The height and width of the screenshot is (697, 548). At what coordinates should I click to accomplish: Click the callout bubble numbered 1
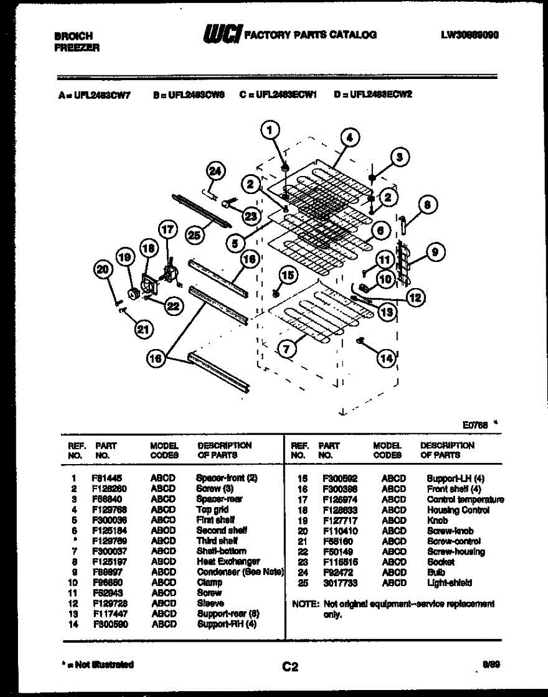tap(268, 132)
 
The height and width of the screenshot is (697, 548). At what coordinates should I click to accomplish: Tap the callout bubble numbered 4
tap(349, 138)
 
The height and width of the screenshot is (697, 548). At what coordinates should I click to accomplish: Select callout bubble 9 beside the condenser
tap(437, 252)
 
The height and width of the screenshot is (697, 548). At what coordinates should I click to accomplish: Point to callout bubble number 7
tap(285, 348)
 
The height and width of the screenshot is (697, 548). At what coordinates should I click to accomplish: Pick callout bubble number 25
tap(195, 234)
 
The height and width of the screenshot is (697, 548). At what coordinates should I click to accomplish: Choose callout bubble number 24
tap(215, 171)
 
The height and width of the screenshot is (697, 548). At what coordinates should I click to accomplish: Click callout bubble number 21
tap(143, 329)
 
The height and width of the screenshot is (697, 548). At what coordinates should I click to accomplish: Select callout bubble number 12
tap(415, 298)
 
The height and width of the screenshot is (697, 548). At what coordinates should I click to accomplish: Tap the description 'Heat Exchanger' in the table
tap(228, 562)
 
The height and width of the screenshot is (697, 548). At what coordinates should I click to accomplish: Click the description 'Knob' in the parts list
tap(437, 520)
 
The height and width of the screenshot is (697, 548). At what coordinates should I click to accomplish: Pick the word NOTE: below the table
tap(306, 604)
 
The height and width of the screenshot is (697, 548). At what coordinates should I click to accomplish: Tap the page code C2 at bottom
tap(290, 667)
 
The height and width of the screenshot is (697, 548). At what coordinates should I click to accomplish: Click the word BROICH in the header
tap(73, 36)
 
